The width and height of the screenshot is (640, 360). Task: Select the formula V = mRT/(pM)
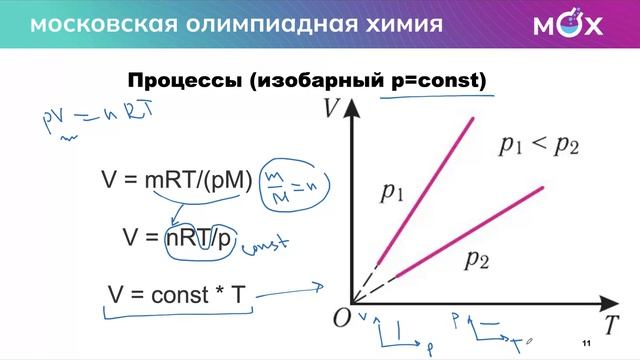click(x=177, y=179)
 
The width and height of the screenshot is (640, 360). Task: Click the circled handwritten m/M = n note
click(x=297, y=183)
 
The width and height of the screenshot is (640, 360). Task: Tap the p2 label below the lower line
click(x=477, y=262)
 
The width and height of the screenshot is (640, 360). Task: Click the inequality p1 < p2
click(x=539, y=146)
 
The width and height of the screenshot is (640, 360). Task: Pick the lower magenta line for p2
click(x=470, y=229)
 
